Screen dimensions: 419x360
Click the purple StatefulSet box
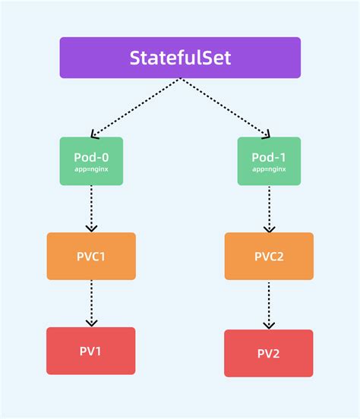click(180, 58)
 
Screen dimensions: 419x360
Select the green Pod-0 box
click(91, 160)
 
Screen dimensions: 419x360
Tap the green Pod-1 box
click(269, 160)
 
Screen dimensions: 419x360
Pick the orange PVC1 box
click(91, 256)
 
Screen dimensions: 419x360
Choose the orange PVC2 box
click(269, 256)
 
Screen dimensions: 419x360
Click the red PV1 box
click(91, 351)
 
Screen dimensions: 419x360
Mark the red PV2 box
click(269, 353)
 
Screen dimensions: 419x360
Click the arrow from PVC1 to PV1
click(91, 302)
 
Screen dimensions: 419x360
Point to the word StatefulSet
click(180, 58)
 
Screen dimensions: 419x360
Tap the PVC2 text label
click(269, 257)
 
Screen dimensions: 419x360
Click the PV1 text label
click(91, 351)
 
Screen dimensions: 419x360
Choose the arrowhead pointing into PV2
click(269, 325)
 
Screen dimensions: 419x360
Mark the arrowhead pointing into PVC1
click(91, 228)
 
